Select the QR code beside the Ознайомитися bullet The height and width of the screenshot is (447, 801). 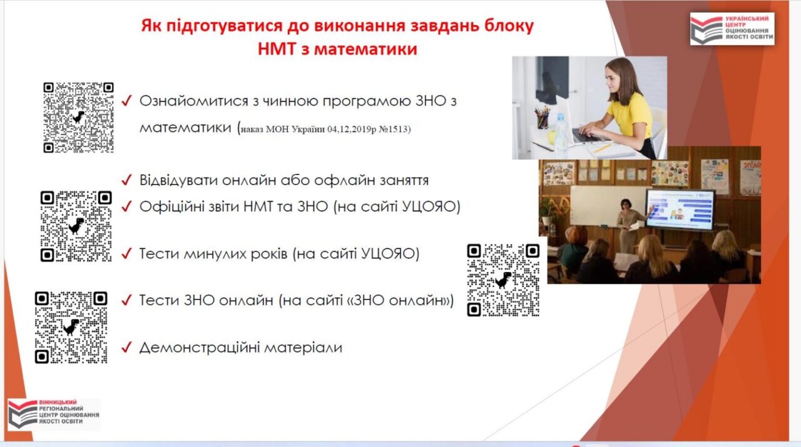[x=79, y=118]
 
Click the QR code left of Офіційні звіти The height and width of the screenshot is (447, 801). [x=76, y=226]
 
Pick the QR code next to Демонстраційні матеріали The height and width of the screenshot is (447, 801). [x=71, y=328]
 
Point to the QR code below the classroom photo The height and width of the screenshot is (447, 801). [x=504, y=280]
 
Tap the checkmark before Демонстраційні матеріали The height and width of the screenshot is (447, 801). [x=126, y=348]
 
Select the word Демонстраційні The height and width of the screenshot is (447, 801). [x=199, y=348]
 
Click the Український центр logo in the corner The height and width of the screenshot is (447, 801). [x=732, y=29]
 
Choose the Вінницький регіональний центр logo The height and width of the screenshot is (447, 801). [x=54, y=414]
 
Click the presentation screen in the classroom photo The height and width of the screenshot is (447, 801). [x=680, y=209]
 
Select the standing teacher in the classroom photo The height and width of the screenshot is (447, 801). [x=628, y=226]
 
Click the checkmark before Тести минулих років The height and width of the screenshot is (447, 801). [x=126, y=253]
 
